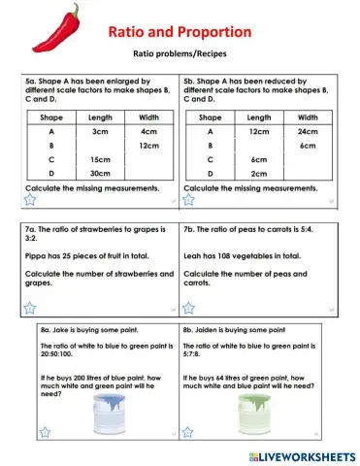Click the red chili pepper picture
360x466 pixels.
(56, 26)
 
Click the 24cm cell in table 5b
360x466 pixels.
(308, 130)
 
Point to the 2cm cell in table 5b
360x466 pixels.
(259, 173)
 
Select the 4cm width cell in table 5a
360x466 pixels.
(148, 130)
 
